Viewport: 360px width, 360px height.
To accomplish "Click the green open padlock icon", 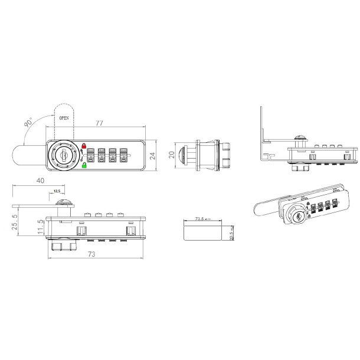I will pos(83,166).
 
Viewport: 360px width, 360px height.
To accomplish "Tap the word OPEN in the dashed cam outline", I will pos(64,117).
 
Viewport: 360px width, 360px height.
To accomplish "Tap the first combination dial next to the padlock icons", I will pos(92,156).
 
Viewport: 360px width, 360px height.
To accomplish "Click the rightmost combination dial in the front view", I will pos(124,156).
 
